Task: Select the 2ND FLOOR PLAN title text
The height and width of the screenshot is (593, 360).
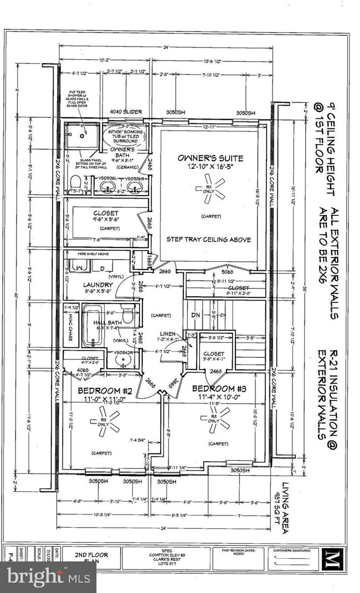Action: [x=91, y=556]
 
